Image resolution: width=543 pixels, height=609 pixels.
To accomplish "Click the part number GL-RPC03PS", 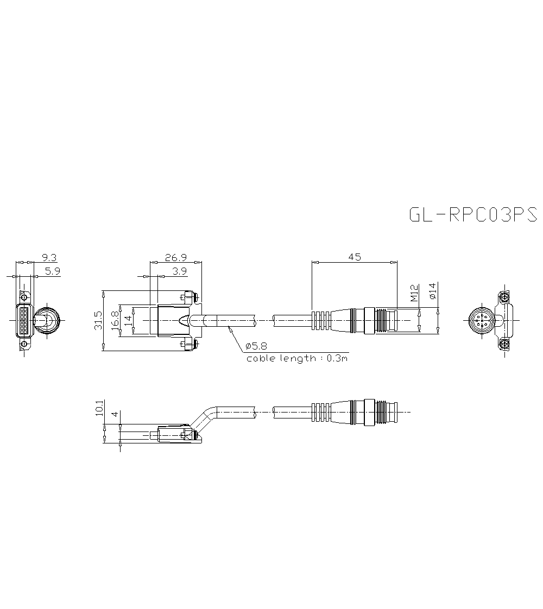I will click(x=472, y=215).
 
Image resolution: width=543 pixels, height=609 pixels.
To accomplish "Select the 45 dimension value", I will click(x=354, y=257).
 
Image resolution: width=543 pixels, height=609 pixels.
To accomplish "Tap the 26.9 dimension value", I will click(x=175, y=257).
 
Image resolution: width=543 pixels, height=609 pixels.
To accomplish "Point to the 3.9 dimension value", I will click(x=179, y=271).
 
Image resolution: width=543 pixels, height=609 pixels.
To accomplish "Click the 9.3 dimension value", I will click(x=49, y=257).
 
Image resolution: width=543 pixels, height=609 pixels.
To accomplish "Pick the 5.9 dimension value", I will click(x=53, y=271).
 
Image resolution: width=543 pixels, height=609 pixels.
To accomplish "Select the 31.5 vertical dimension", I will click(x=98, y=320).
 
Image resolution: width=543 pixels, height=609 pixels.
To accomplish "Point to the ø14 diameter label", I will click(x=432, y=291).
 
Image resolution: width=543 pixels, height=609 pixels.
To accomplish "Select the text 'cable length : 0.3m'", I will click(x=296, y=358).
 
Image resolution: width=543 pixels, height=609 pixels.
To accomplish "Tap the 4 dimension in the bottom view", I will click(x=114, y=414).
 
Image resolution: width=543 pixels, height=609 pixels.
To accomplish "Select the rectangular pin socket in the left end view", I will click(x=24, y=321).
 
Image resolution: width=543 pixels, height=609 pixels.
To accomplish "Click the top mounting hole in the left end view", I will click(x=23, y=296).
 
